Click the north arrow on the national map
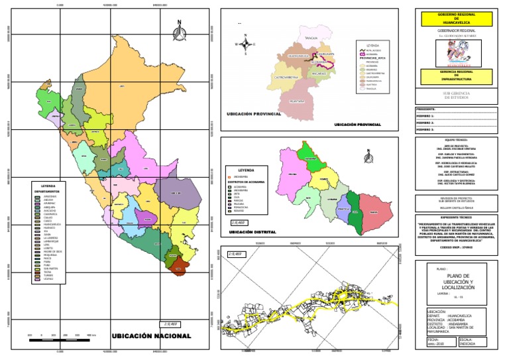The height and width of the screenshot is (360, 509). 179,30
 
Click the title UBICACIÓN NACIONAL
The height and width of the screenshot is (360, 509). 151,336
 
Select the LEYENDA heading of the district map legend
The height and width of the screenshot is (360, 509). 245,170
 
